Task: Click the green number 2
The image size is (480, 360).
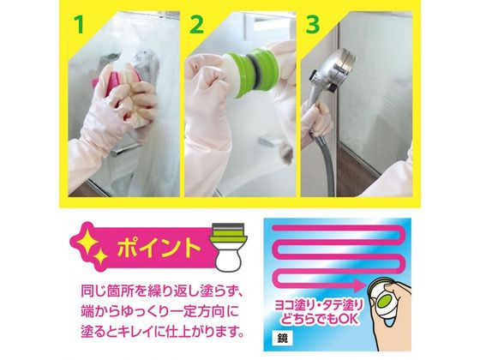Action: pyautogui.click(x=196, y=25)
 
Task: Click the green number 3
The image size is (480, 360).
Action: pyautogui.click(x=313, y=25)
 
